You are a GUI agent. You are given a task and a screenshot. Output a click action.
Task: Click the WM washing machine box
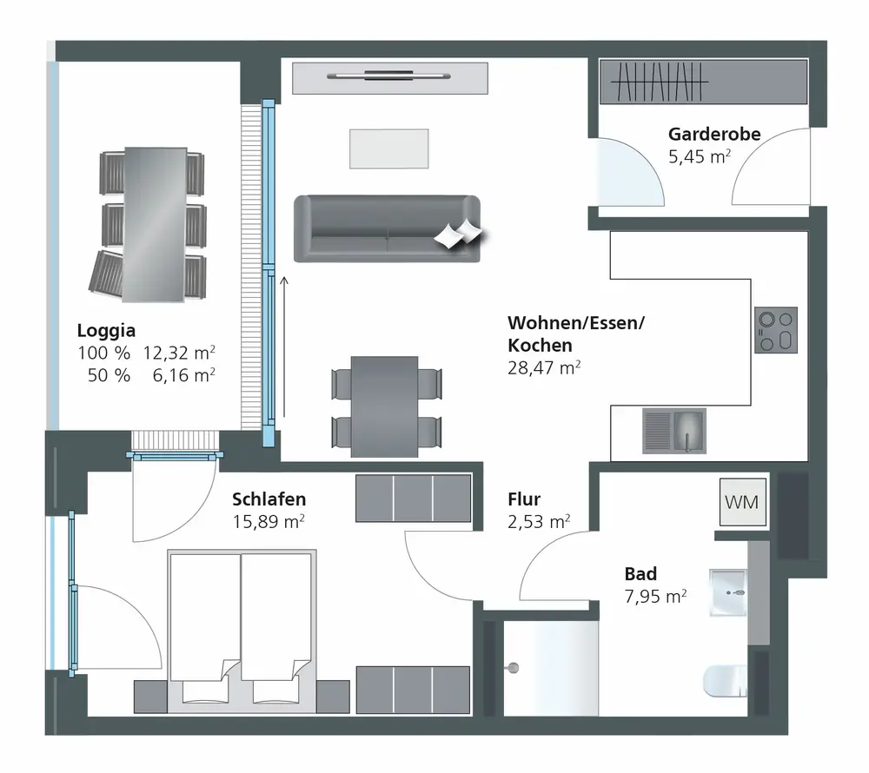(743, 502)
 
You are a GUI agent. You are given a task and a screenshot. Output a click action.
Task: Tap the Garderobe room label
(713, 134)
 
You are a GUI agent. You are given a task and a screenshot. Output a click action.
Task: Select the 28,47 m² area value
(544, 367)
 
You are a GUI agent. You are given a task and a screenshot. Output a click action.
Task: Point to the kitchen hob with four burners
(776, 330)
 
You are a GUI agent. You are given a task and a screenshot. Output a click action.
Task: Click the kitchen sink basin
(687, 430)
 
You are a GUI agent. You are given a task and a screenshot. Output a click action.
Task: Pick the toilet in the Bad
(726, 681)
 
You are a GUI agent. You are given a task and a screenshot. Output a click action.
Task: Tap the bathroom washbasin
(728, 592)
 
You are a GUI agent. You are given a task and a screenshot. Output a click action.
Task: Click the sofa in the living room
(387, 228)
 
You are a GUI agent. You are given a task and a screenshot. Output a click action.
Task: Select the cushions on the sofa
(458, 234)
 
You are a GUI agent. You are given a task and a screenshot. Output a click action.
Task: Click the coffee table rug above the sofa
(389, 149)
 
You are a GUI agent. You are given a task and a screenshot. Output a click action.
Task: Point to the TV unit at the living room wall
(390, 78)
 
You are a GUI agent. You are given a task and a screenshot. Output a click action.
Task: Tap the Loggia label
(106, 331)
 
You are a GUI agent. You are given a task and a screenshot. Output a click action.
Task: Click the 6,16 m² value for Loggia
(183, 375)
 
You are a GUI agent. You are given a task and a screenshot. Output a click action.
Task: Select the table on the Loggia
(155, 224)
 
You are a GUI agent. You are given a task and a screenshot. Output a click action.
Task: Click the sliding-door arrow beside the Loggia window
(284, 347)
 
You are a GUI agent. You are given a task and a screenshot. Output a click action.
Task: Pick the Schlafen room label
(269, 499)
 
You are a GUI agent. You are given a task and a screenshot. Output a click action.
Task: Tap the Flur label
(524, 499)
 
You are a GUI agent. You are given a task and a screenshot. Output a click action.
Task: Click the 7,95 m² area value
(655, 597)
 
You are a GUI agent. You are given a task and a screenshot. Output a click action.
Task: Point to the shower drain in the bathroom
(514, 668)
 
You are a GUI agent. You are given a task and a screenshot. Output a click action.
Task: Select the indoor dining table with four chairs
(386, 407)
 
